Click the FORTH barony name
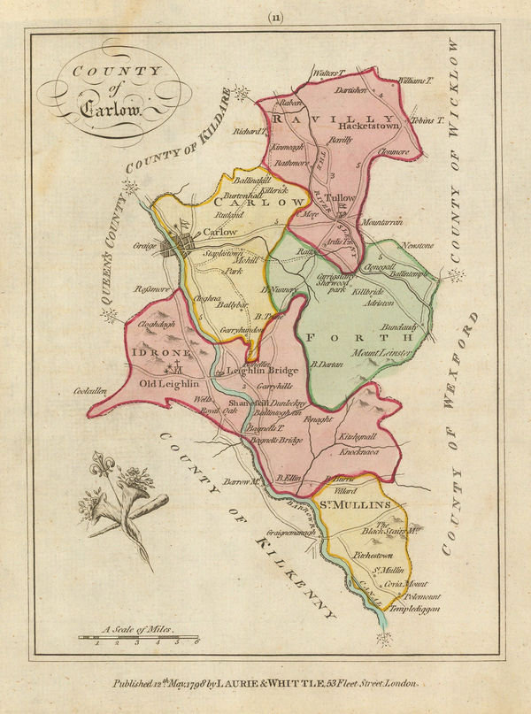tap(358, 337)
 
